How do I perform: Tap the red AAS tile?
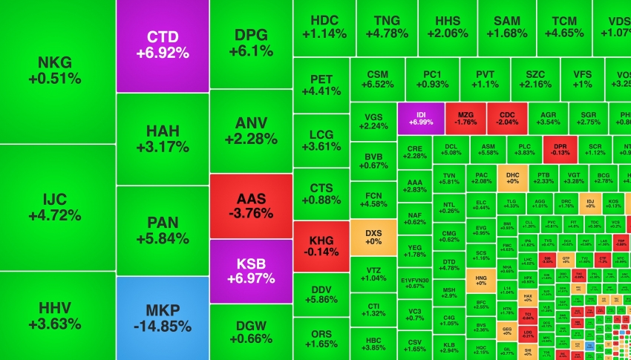pos(250,206)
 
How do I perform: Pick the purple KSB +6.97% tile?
pos(250,271)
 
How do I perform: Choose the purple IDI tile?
pos(420,117)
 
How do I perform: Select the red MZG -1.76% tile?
pos(465,117)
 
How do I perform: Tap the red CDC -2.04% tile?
pos(508,117)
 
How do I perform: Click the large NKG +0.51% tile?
pos(58,71)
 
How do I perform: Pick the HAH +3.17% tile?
pos(163,138)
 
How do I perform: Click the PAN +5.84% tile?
pos(163,230)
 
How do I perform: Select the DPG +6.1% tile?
pos(250,43)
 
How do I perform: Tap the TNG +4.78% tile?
pos(386,26)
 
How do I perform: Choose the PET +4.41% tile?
pos(321,85)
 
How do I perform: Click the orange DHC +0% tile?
pos(512,177)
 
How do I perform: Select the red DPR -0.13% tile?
pos(560,147)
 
